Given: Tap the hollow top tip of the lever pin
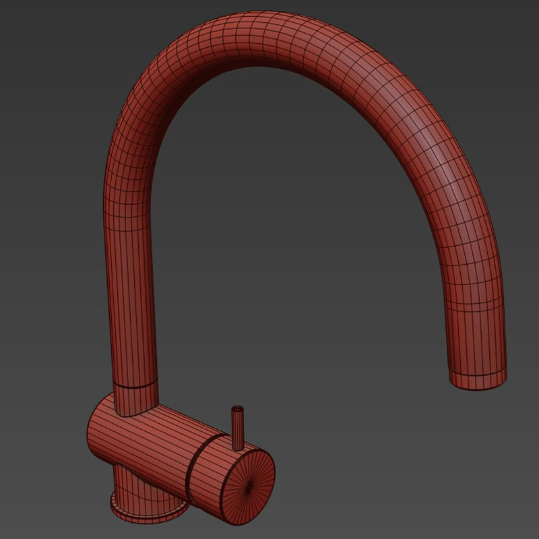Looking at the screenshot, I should click(x=237, y=408).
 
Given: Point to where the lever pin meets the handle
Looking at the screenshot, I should click(x=238, y=446).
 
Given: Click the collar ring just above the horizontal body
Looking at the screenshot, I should click(x=135, y=387).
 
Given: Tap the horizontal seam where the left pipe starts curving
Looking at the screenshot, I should click(x=128, y=229).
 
